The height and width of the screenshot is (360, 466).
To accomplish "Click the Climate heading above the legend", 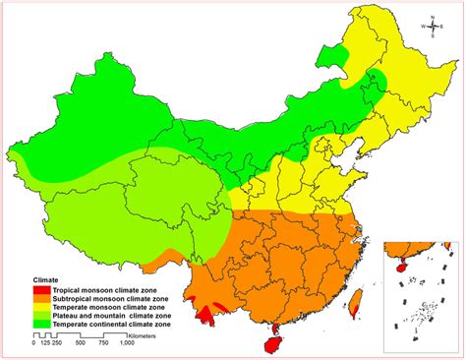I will click(x=46, y=279).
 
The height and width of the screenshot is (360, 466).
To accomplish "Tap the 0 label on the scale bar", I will click(x=34, y=343).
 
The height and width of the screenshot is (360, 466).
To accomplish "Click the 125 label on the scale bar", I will click(x=46, y=343).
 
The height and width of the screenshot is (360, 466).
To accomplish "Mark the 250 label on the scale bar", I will click(x=60, y=343).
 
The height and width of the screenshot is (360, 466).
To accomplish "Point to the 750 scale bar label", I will click(x=106, y=343).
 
